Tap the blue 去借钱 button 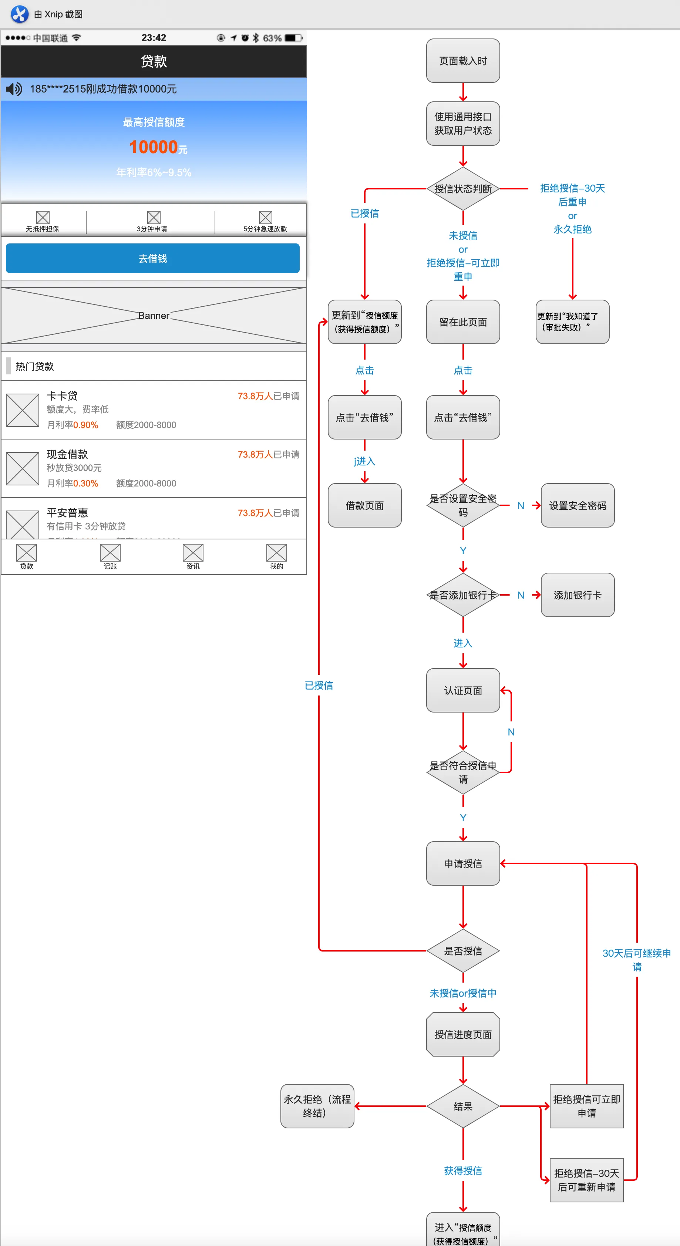click(152, 258)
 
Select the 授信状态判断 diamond click(463, 189)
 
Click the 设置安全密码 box click(578, 505)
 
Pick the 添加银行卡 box click(578, 595)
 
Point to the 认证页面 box click(463, 690)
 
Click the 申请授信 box click(463, 863)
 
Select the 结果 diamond click(463, 1106)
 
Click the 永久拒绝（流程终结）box click(317, 1106)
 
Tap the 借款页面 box click(365, 505)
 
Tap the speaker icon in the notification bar click(14, 89)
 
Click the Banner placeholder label click(154, 315)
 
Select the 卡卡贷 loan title click(62, 395)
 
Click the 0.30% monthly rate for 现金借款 click(85, 483)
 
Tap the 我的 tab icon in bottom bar click(277, 553)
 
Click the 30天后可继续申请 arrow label click(636, 960)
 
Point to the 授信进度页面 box click(463, 1034)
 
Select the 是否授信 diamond click(463, 951)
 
